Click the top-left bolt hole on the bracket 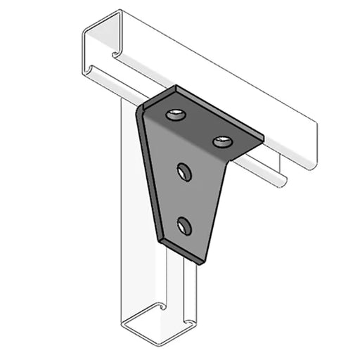(175, 115)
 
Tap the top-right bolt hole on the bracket (222, 141)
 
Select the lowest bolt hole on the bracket (185, 226)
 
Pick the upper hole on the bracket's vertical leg (185, 172)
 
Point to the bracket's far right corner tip (263, 136)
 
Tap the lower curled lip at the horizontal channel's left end (87, 70)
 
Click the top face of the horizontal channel (211, 63)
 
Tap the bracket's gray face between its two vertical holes (184, 200)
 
